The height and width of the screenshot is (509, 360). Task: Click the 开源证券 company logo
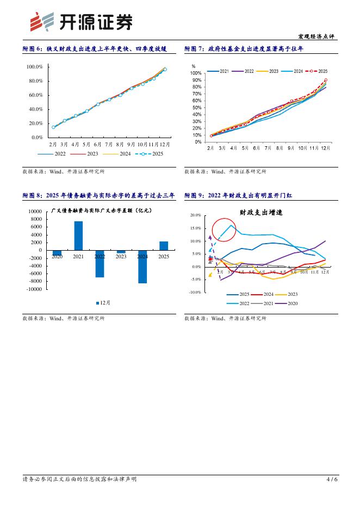[80, 22]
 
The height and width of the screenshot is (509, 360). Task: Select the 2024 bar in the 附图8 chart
[142, 266]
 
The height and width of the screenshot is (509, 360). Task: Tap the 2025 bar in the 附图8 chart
[164, 246]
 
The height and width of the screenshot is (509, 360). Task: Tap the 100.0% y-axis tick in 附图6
[35, 67]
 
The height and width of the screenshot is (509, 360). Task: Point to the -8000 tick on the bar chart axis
[34, 282]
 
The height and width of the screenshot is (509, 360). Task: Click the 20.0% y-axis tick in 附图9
[195, 215]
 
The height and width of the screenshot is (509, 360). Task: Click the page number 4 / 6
[332, 479]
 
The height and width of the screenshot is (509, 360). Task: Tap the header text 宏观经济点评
[317, 37]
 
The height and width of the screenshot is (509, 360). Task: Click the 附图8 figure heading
[98, 195]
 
